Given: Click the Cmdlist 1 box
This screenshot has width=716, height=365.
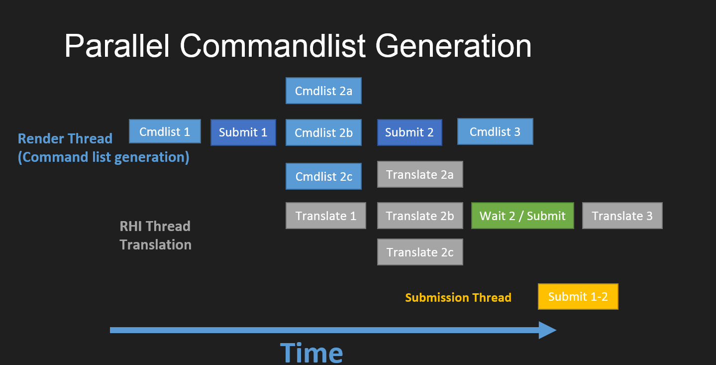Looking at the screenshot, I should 165,131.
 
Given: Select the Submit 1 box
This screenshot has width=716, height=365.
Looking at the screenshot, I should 243,132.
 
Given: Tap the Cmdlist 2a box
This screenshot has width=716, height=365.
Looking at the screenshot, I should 323,91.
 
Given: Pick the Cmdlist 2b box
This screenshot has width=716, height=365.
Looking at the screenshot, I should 323,132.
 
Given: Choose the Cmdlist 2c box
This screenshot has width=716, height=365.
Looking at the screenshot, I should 323,176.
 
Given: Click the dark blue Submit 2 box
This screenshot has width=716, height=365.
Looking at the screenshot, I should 409,132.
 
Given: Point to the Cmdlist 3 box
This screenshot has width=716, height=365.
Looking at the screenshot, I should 495,131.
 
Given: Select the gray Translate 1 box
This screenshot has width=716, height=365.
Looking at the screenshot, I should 326,216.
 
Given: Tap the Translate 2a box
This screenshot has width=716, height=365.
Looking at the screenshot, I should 420,174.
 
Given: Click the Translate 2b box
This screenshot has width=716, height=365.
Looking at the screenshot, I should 420,216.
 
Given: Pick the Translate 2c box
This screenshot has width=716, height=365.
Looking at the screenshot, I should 420,252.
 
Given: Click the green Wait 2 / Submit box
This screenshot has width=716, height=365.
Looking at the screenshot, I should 522,216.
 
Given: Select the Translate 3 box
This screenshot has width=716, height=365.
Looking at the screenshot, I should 622,216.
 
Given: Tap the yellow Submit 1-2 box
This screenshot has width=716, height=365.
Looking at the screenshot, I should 578,297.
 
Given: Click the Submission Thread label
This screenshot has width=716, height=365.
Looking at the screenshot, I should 458,298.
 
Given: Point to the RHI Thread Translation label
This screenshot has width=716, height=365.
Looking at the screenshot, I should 155,236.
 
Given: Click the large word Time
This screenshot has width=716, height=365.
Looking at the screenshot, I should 311,352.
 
